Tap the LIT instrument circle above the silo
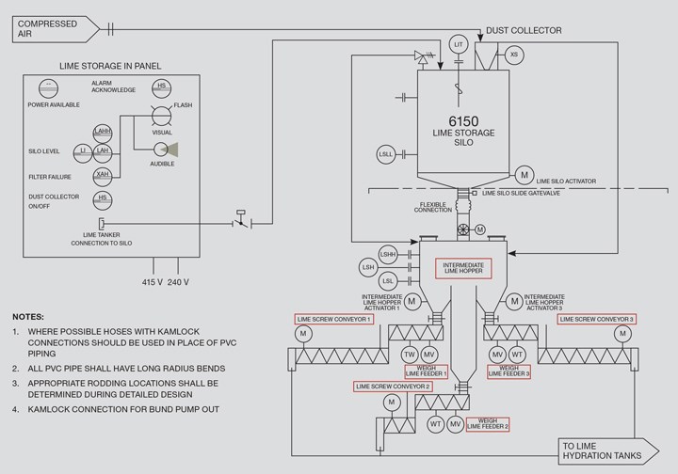459,44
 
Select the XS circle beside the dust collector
514,55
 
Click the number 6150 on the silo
463,121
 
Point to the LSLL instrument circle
386,154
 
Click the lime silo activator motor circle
525,175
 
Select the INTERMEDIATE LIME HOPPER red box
463,268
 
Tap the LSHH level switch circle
388,255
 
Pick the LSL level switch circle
388,281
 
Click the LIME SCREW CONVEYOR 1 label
333,320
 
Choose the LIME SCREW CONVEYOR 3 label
597,320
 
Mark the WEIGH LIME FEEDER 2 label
488,424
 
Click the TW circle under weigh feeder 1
409,355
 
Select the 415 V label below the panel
153,282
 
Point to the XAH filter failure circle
103,175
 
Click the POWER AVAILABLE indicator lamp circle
48,88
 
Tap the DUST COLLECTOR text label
524,31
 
